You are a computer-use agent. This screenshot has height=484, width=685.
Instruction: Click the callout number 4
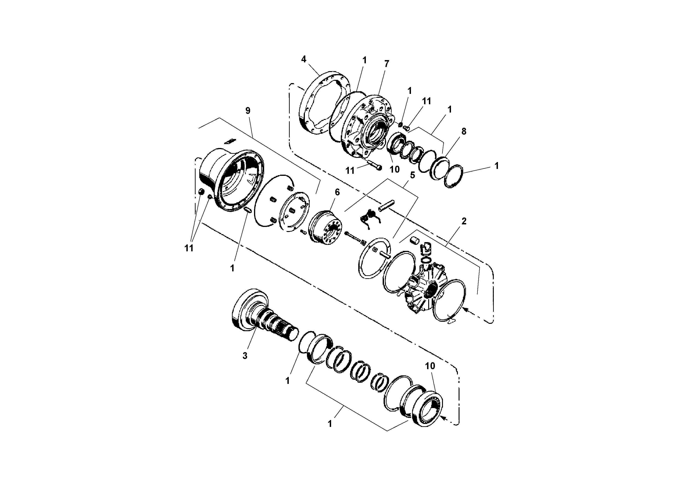pos(303,59)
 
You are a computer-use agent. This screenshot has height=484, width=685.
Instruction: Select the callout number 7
pos(387,64)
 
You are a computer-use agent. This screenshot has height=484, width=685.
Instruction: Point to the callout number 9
pos(248,111)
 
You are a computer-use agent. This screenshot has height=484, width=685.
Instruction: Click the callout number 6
pos(337,192)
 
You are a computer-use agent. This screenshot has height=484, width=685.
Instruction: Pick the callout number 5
pos(412,175)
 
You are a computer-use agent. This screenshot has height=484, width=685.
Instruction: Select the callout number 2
pos(464,221)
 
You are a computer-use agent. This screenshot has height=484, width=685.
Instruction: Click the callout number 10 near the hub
pos(394,169)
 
